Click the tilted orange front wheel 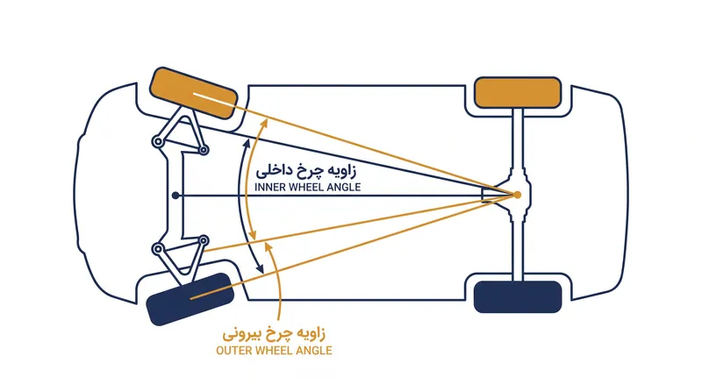tap(193, 93)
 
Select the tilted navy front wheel tap(190, 298)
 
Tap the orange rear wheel tap(518, 93)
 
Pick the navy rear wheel tap(518, 296)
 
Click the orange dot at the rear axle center tap(517, 195)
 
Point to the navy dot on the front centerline tap(175, 196)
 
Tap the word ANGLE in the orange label tap(315, 351)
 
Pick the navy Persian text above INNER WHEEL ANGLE tap(306, 170)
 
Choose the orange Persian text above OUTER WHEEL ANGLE tap(274, 334)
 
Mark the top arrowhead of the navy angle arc tap(247, 143)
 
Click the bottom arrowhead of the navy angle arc tap(260, 269)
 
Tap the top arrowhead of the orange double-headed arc tap(264, 122)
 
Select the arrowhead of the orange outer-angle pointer tap(268, 246)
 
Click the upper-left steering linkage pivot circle tap(158, 142)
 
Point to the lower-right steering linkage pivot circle tap(204, 241)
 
